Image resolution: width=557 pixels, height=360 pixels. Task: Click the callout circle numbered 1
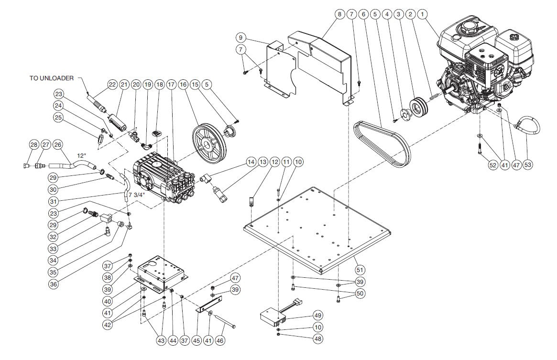click(x=422, y=14)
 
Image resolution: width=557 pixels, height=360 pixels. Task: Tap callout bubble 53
click(x=528, y=164)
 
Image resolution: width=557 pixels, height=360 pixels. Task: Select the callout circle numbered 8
click(x=339, y=14)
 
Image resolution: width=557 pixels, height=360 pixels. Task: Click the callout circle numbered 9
click(x=240, y=37)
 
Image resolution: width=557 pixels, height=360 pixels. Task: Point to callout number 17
click(x=171, y=85)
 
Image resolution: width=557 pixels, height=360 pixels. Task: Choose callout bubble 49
click(x=318, y=316)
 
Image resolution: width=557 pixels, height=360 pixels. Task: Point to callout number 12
click(x=274, y=163)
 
